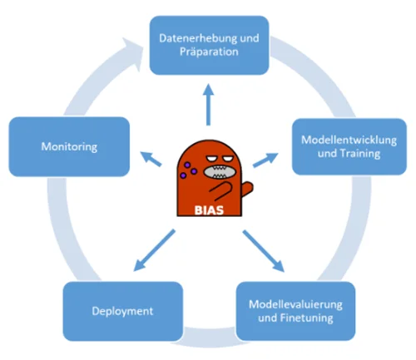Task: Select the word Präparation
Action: (209, 52)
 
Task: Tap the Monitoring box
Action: (69, 146)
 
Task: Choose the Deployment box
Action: (122, 311)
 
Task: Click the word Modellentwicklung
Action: (349, 140)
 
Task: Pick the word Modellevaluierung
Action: (295, 304)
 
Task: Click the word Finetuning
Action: (306, 318)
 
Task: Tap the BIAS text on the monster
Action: (209, 210)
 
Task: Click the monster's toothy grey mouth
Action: (220, 172)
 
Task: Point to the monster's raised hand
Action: (247, 189)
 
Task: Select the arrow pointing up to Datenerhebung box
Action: (208, 105)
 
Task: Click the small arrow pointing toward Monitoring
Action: (151, 159)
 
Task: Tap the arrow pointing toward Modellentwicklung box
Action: (265, 160)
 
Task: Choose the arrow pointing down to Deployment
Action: (154, 250)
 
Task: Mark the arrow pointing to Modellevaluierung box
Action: (264, 251)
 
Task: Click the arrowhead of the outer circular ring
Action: (132, 52)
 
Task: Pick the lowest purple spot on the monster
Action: (183, 175)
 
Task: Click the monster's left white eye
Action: (211, 159)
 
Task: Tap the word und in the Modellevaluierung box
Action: (268, 318)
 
